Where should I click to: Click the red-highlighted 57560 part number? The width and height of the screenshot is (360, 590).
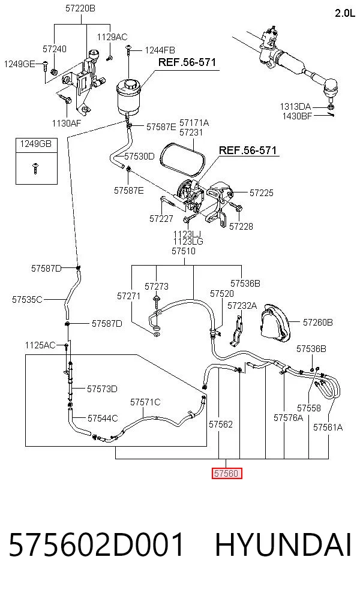[x=226, y=473]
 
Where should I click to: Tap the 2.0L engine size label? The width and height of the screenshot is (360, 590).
[x=345, y=13]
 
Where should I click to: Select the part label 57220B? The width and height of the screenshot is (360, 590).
[x=80, y=8]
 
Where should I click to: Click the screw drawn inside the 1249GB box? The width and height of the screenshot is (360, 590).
[x=36, y=168]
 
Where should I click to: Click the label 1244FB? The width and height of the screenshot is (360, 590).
[x=160, y=50]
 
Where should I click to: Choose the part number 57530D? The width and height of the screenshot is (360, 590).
[x=139, y=156]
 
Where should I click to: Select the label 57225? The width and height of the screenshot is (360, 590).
[x=262, y=192]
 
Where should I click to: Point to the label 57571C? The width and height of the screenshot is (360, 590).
[x=145, y=402]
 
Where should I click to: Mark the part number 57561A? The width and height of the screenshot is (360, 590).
[x=328, y=427]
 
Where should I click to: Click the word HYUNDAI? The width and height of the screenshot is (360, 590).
[x=283, y=545]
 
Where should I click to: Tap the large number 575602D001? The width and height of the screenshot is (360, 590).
[x=97, y=545]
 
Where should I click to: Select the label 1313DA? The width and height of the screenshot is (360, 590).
[x=295, y=107]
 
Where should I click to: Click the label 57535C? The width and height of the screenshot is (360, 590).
[x=27, y=300]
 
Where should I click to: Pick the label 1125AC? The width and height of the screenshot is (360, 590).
[x=40, y=345]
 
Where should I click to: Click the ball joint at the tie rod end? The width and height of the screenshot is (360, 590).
[x=331, y=88]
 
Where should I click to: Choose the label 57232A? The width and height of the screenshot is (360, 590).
[x=242, y=306]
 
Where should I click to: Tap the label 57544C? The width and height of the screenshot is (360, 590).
[x=103, y=418]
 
